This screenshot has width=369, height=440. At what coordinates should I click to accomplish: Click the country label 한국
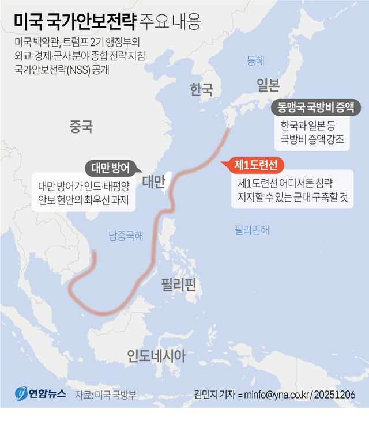202,89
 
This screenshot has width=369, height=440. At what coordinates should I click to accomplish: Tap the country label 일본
268,85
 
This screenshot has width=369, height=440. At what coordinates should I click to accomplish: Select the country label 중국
81,126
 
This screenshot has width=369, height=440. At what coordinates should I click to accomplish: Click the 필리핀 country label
179,284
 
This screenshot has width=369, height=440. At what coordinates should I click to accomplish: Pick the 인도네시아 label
156,356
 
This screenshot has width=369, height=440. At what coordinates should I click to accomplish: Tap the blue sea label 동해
255,60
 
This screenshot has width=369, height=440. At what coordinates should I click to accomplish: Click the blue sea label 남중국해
126,235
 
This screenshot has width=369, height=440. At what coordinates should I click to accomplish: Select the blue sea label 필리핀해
251,229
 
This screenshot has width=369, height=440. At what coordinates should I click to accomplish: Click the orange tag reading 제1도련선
256,165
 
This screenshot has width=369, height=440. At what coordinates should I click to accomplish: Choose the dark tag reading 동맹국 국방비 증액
315,107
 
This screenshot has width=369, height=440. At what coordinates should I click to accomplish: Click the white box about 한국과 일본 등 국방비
312,132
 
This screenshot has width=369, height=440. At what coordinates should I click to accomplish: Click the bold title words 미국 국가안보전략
75,23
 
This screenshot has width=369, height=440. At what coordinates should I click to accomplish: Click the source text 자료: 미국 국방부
106,395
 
